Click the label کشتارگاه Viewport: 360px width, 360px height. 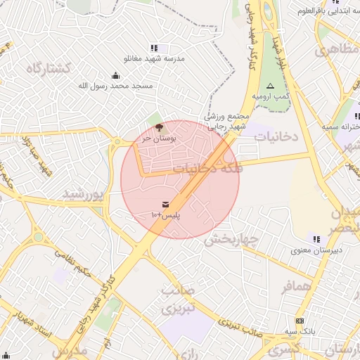48,68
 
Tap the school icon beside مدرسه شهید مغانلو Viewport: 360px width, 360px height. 154,49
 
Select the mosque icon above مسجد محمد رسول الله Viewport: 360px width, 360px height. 115,76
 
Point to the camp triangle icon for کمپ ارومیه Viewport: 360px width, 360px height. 269,85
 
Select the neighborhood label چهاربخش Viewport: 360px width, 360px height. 232,239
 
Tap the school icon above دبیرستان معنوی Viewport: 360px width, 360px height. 316,238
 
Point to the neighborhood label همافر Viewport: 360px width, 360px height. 296,287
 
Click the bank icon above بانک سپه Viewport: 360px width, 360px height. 298,319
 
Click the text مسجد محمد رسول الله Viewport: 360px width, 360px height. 115,86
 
